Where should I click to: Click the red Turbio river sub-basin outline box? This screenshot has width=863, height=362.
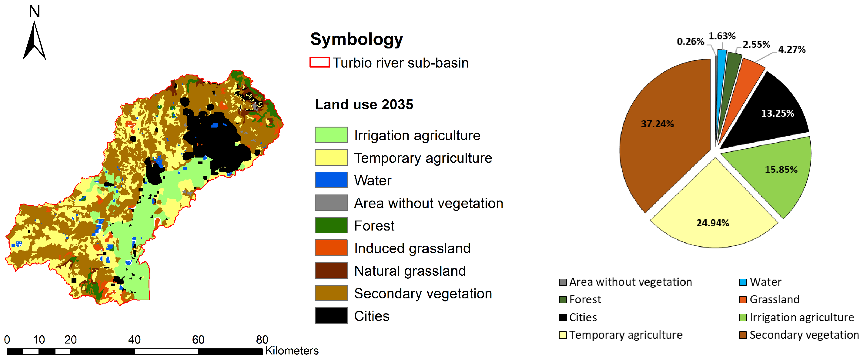[319, 62]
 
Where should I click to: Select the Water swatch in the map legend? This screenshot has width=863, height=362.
[331, 180]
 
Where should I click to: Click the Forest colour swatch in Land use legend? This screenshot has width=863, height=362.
[331, 225]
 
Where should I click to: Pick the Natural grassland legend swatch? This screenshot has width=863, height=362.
[331, 270]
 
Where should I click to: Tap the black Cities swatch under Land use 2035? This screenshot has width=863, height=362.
[331, 315]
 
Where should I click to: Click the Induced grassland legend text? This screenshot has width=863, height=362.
[412, 248]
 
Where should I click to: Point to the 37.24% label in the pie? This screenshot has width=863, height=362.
[657, 124]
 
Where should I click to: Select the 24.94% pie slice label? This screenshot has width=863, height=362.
[713, 223]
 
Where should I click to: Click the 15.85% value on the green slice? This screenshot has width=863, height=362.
[781, 169]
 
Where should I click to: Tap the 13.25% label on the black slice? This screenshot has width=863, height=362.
[778, 113]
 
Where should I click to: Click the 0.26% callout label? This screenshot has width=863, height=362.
[691, 42]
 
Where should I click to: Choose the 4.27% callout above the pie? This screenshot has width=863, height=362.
[792, 50]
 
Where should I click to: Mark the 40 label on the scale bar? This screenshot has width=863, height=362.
[134, 340]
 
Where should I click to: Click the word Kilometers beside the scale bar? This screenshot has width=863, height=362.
[292, 350]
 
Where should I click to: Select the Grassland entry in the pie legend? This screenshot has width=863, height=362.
[769, 299]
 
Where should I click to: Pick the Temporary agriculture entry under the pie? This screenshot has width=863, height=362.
[621, 335]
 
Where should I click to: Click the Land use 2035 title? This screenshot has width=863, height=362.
[364, 105]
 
